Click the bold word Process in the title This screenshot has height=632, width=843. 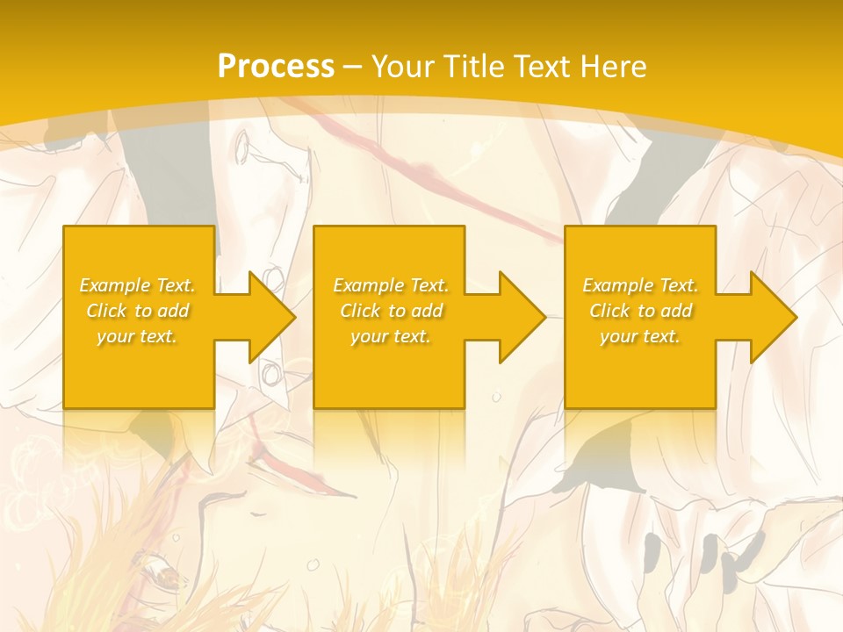pos(276,67)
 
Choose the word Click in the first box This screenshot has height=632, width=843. pos(106,311)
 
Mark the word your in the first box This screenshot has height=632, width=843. pos(114,336)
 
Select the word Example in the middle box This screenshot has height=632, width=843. pos(368,285)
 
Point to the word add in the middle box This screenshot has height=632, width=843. pos(426,311)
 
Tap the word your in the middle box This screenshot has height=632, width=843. pos(368,336)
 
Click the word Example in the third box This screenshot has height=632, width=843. pos(617,285)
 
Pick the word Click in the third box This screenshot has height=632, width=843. pos(609,311)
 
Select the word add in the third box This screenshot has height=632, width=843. pos(675,311)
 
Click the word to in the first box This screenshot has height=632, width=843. pos(143,311)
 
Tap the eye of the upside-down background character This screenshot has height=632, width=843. pos(167,575)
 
